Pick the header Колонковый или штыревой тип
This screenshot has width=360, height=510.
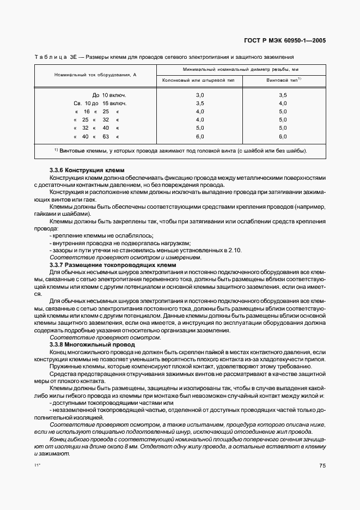[199, 80]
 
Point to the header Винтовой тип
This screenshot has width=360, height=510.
[283, 80]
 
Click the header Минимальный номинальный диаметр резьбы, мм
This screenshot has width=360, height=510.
[241, 69]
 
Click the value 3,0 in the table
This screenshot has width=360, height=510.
[199, 95]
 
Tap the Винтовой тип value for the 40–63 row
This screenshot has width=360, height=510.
[283, 136]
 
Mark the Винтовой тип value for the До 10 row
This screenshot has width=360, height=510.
[283, 95]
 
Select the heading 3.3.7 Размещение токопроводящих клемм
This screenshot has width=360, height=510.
[117, 264]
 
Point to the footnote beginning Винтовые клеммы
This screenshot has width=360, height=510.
[180, 150]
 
